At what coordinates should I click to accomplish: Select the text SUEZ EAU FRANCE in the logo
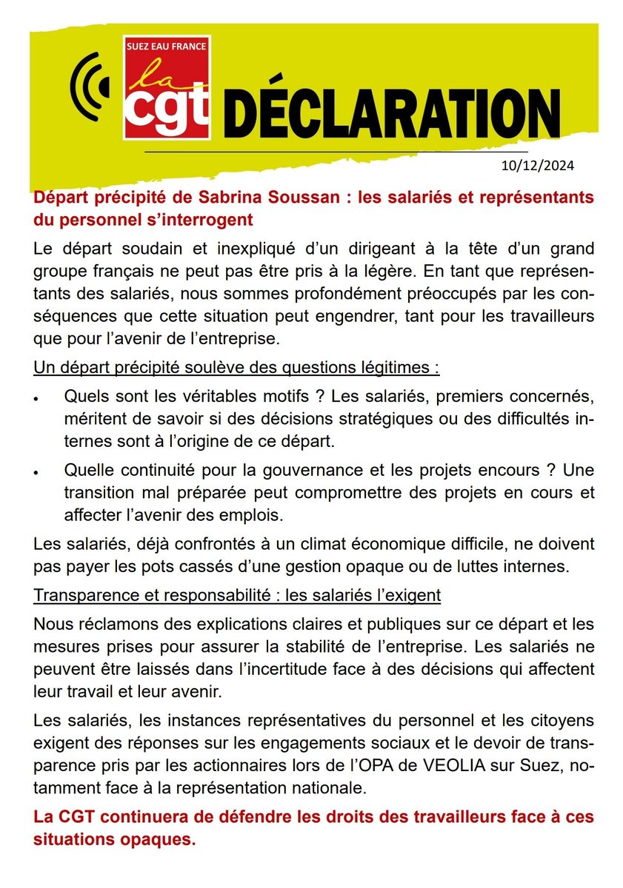(167, 47)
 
